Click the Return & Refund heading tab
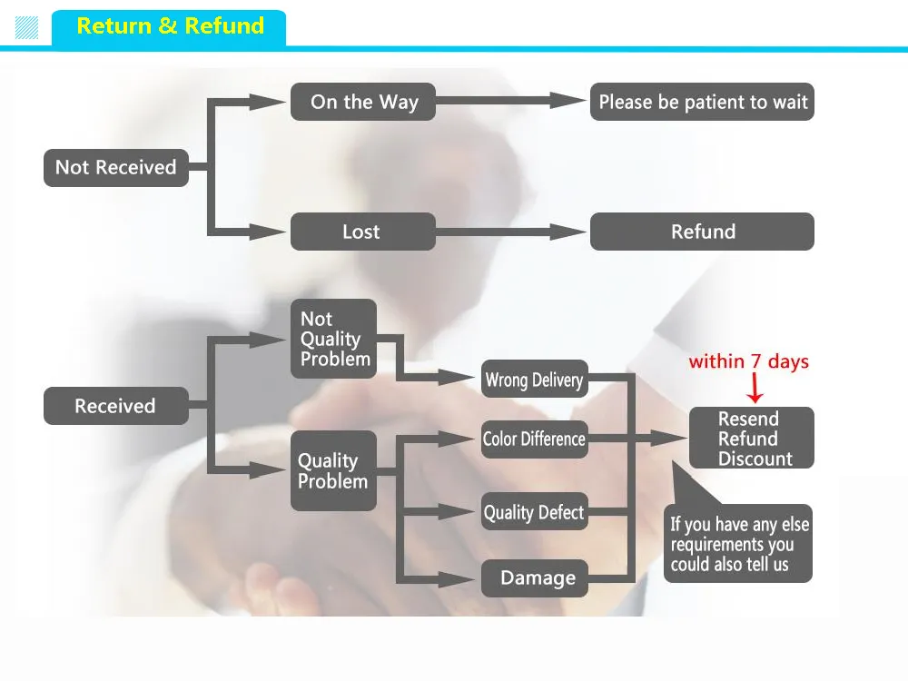(169, 27)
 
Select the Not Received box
(116, 167)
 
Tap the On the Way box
(363, 102)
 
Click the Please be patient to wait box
(702, 102)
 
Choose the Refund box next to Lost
(702, 232)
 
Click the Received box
(116, 406)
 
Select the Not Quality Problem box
(333, 339)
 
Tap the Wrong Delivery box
(535, 380)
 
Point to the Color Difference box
(535, 439)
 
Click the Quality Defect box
(535, 511)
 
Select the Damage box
(535, 577)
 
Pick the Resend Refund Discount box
(752, 438)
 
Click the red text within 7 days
(748, 361)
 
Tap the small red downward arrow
(755, 388)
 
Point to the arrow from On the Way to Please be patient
(510, 101)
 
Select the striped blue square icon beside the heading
(26, 28)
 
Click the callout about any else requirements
(737, 543)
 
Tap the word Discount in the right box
(755, 459)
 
